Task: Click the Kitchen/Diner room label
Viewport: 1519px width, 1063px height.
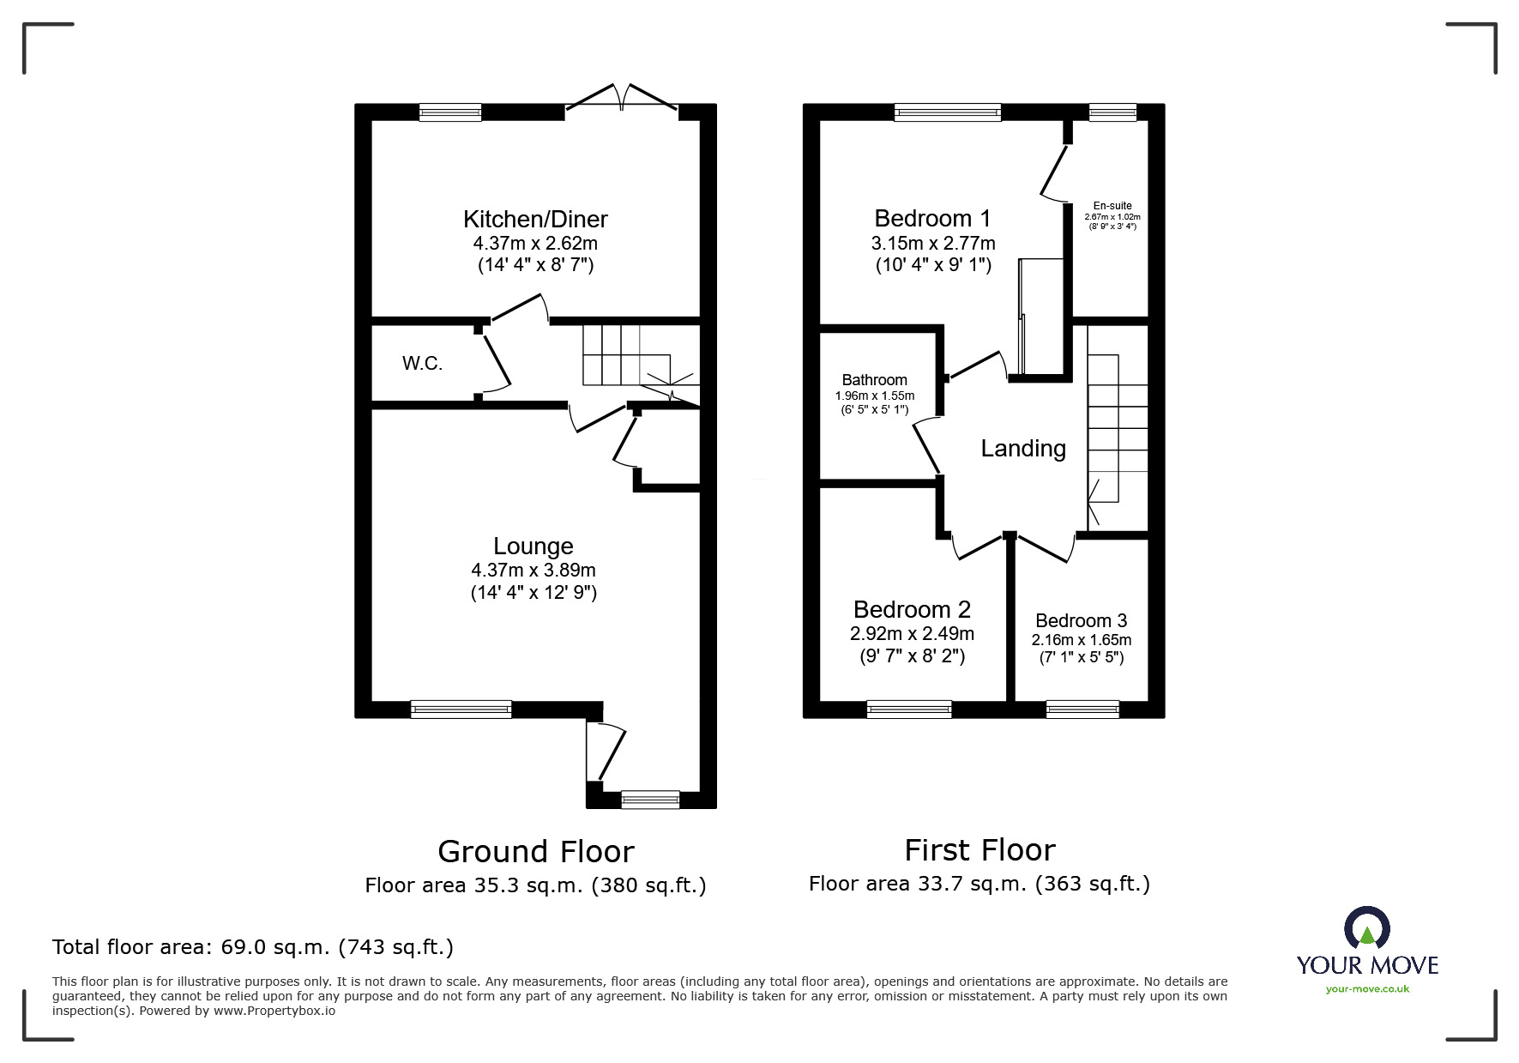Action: (x=535, y=219)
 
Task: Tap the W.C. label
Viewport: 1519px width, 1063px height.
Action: (x=422, y=364)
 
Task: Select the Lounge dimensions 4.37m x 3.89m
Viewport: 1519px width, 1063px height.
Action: (x=533, y=571)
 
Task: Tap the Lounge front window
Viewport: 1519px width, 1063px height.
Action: (x=461, y=709)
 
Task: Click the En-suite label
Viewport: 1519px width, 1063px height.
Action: (x=1112, y=206)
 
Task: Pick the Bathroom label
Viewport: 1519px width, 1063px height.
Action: (x=874, y=380)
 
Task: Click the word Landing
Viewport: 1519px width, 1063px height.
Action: (x=1023, y=449)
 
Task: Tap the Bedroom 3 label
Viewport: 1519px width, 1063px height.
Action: (x=1081, y=620)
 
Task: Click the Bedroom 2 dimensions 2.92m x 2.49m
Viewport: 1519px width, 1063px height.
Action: (x=912, y=634)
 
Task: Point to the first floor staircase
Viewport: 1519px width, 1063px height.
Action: (x=1118, y=429)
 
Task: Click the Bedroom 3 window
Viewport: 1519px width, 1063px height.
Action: (x=1082, y=709)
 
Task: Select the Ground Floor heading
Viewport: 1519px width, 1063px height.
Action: (x=535, y=851)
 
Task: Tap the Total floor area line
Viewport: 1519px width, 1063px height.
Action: (x=253, y=947)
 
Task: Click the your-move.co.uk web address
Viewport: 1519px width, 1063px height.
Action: (x=1367, y=989)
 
